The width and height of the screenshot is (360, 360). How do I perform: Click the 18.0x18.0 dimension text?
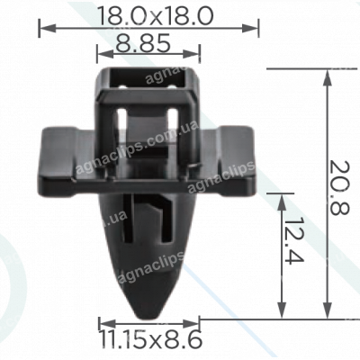pos(148,15)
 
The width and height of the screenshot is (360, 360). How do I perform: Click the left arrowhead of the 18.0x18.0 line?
pos(42,29)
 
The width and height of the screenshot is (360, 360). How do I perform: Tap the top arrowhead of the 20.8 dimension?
pos(327,72)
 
